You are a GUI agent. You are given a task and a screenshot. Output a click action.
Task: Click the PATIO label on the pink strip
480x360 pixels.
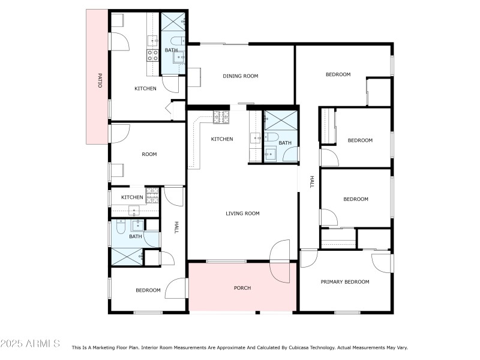(100, 80)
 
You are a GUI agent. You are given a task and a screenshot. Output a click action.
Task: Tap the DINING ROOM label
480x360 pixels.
(240, 76)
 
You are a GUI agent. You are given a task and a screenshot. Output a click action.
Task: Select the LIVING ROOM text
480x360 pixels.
(242, 213)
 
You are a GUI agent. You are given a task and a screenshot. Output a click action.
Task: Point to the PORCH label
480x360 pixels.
(242, 288)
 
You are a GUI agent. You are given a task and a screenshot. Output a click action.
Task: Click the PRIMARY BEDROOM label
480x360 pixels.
(344, 281)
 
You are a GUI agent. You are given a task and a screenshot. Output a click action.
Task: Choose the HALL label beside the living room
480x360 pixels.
(311, 182)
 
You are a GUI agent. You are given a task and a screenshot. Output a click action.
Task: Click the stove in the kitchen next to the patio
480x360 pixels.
(152, 56)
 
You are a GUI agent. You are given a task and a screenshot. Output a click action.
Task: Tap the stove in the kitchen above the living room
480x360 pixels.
(221, 116)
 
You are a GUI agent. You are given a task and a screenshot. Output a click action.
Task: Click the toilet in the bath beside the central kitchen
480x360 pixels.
(271, 137)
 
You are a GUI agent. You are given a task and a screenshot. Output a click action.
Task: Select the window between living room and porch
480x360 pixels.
(226, 261)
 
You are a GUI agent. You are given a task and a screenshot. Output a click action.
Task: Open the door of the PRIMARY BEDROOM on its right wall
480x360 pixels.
(383, 263)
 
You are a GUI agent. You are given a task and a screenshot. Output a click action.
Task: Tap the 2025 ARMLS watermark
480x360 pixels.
(30, 344)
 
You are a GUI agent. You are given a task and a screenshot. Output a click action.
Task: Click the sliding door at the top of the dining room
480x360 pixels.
(223, 43)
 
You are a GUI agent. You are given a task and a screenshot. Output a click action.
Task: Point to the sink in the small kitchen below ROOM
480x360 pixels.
(133, 211)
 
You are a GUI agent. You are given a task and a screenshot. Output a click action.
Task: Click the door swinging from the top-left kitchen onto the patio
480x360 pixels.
(119, 41)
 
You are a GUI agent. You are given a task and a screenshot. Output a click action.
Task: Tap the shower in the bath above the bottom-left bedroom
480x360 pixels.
(127, 257)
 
